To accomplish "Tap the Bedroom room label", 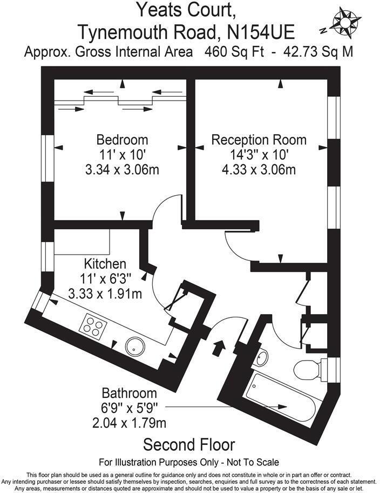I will pos(122,139).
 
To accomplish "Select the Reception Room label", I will pos(259,139).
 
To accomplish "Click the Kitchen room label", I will pos(105,264).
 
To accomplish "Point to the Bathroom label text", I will pos(129,393).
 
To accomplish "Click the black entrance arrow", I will pos(219,347).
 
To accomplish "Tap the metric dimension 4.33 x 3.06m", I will pos(259,170).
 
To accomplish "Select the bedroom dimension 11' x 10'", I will pos(122,155).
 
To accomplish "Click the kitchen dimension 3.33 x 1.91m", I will pos(105,294).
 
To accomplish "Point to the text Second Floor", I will pos(189,445).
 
